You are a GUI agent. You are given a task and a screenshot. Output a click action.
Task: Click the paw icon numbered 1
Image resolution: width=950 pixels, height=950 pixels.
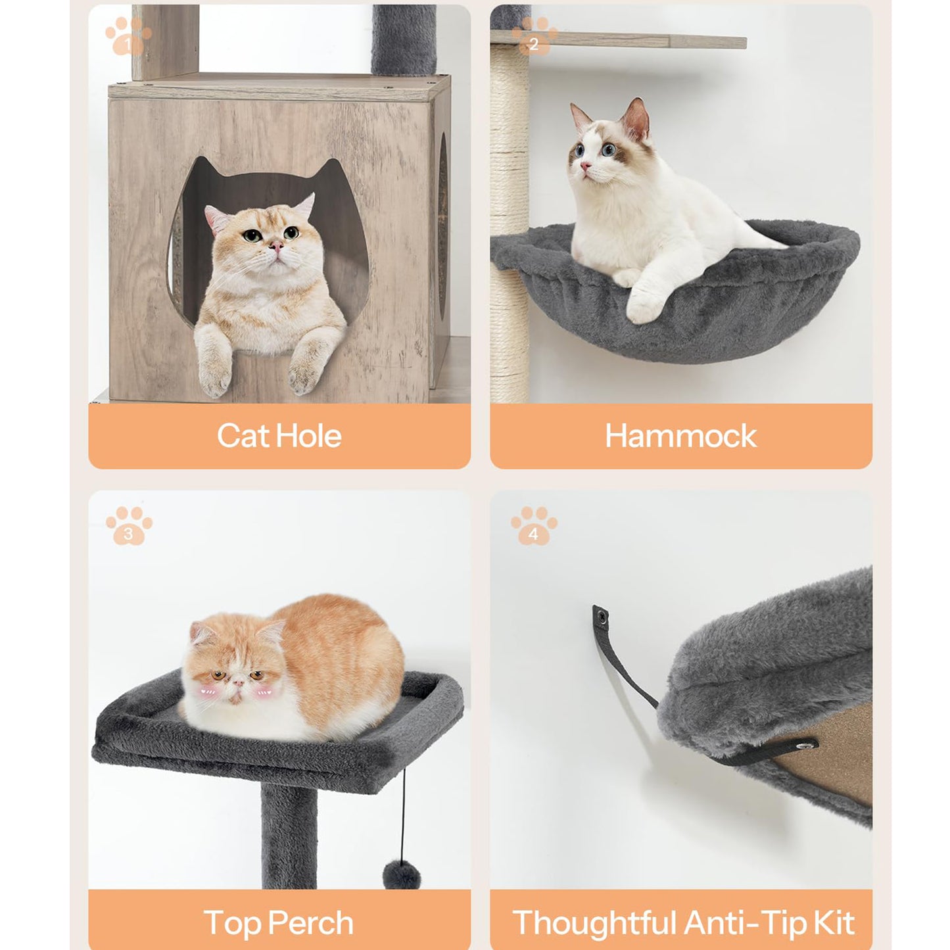coord(128,37)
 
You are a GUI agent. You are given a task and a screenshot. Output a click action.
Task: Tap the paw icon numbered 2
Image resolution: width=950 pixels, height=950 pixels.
coord(534,37)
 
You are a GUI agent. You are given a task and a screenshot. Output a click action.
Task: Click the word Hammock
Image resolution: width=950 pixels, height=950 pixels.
coord(680,436)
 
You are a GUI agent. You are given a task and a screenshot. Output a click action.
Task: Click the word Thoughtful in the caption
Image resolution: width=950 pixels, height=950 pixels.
coord(594,922)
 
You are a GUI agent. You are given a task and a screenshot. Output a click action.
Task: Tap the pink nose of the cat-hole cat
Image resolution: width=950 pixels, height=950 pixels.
coord(276,246)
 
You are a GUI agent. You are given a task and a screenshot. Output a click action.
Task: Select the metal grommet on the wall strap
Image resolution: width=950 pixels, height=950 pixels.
coord(600,615)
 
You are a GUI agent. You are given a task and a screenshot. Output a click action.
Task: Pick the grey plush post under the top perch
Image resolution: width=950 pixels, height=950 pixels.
coord(289,835)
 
